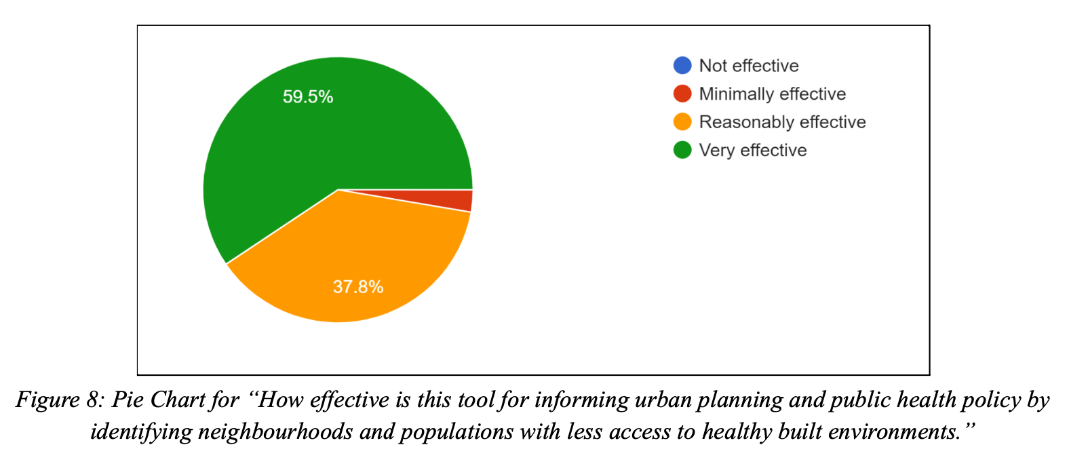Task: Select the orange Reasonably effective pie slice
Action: [353, 258]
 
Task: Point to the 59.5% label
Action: [308, 97]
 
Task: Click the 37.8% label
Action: [358, 287]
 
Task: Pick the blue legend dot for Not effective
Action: [682, 65]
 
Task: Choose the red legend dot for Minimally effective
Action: [682, 94]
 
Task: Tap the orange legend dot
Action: [682, 122]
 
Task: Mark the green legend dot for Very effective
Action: [682, 150]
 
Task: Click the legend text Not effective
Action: [749, 66]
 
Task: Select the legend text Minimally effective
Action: [773, 94]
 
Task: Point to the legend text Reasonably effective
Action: [782, 122]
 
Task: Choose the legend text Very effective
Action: [753, 151]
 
